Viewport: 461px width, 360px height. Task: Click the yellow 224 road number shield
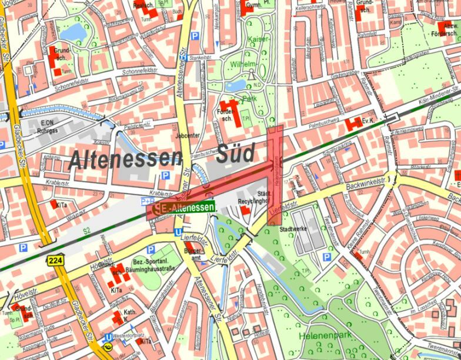(55, 259)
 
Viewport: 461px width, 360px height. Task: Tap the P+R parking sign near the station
(148, 201)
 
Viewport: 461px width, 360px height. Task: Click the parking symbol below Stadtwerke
(327, 257)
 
